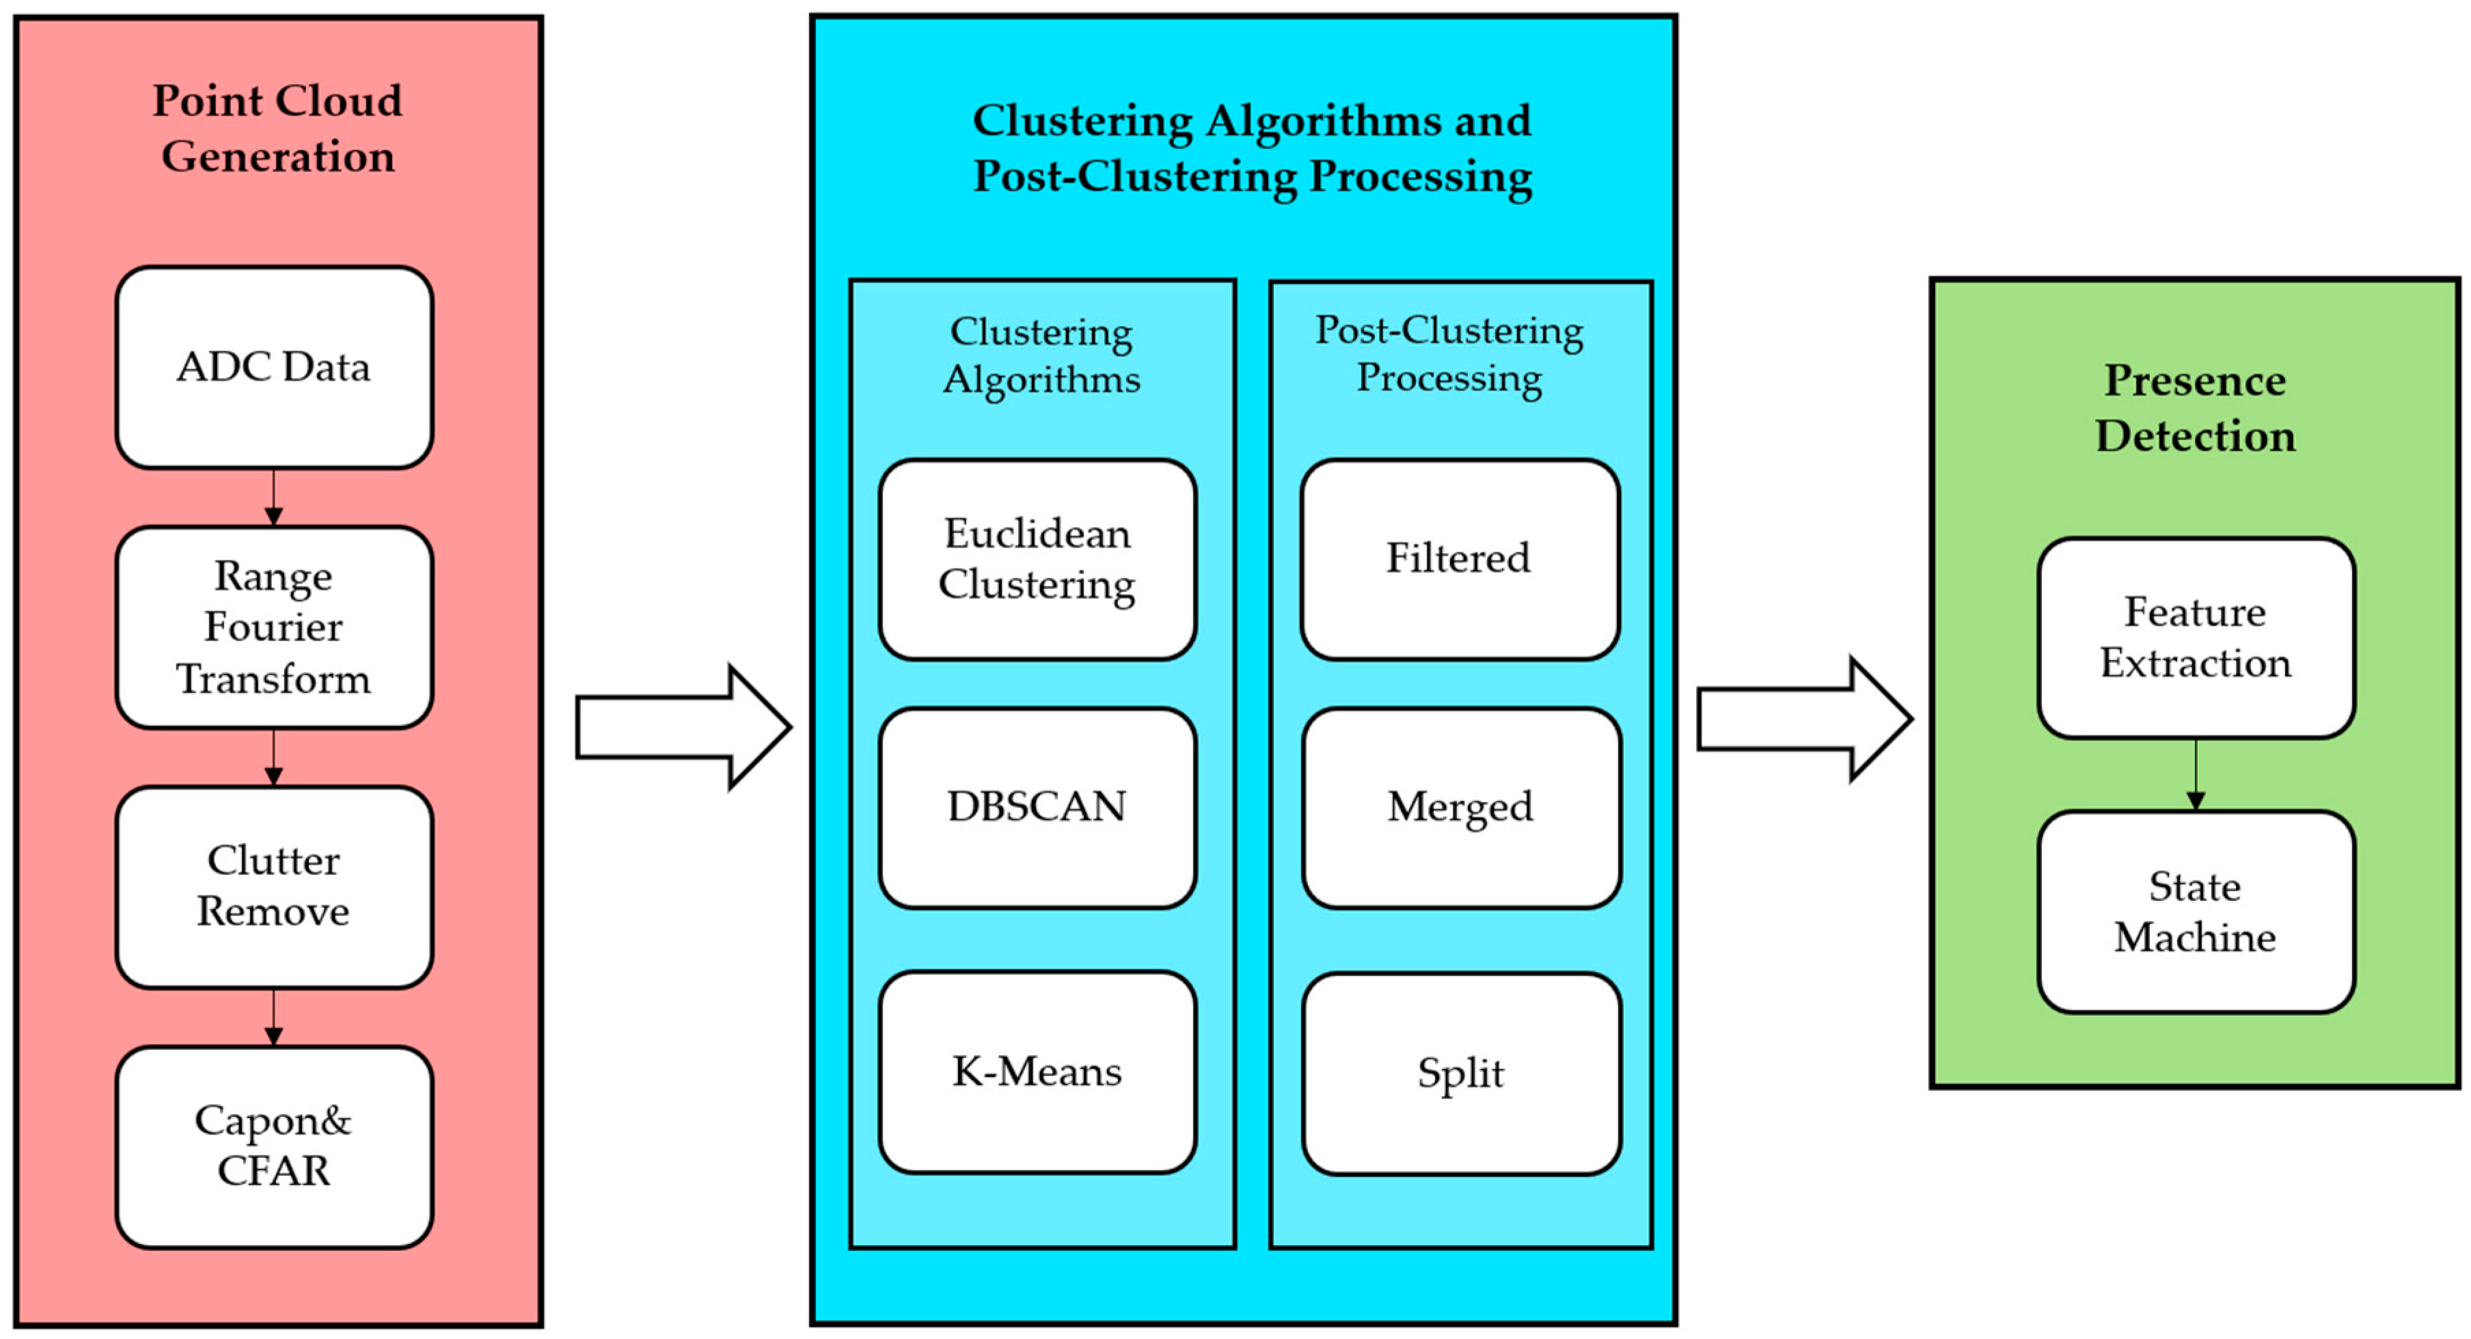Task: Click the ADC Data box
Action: (274, 367)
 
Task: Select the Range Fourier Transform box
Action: (274, 627)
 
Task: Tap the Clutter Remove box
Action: (274, 887)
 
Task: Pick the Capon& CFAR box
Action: (274, 1146)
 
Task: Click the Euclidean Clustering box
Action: (1037, 559)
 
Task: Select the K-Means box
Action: (1037, 1071)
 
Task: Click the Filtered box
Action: (1459, 559)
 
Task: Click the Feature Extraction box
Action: (2196, 638)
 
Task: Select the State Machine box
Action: (2196, 911)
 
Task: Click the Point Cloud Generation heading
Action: (277, 128)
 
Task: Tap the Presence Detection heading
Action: (2196, 407)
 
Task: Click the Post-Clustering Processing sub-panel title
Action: (1449, 354)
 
